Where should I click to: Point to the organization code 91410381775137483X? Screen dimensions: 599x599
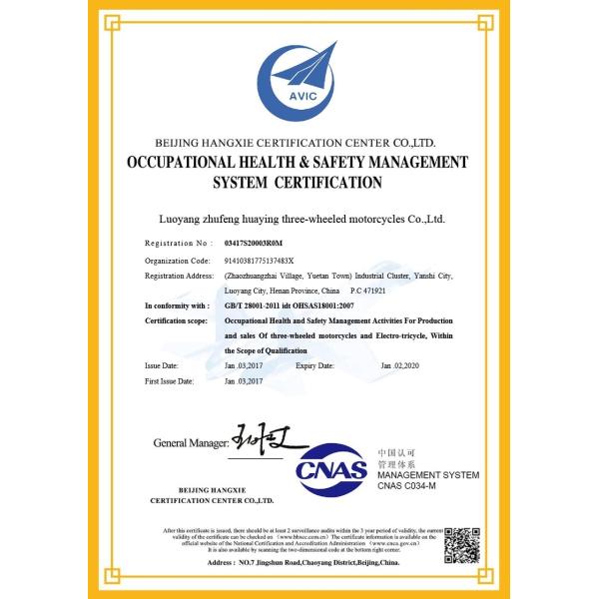pyautogui.click(x=267, y=259)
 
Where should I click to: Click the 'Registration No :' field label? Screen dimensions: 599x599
pyautogui.click(x=178, y=243)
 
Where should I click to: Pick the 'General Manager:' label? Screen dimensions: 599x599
pyautogui.click(x=193, y=441)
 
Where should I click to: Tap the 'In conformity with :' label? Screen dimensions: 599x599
pyautogui.click(x=177, y=305)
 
